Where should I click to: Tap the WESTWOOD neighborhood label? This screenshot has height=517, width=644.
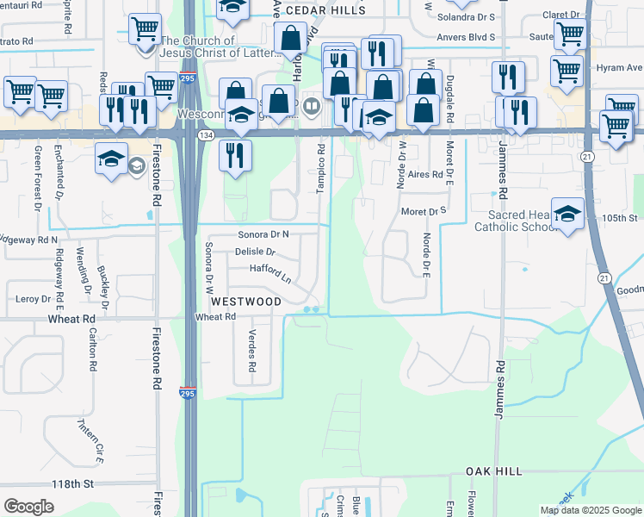pyautogui.click(x=246, y=302)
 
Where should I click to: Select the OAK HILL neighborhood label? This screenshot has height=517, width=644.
pyautogui.click(x=494, y=472)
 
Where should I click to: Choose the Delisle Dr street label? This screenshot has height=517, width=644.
pyautogui.click(x=254, y=252)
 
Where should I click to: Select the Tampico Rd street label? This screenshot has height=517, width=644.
pyautogui.click(x=320, y=161)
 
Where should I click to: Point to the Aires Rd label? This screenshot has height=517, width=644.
pyautogui.click(x=425, y=174)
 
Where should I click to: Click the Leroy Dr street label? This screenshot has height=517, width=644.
pyautogui.click(x=34, y=299)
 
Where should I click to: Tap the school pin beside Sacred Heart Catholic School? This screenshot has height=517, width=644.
pyautogui.click(x=567, y=214)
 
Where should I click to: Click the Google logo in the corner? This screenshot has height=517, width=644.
pyautogui.click(x=29, y=507)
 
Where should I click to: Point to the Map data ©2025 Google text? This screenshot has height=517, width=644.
pyautogui.click(x=590, y=510)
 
